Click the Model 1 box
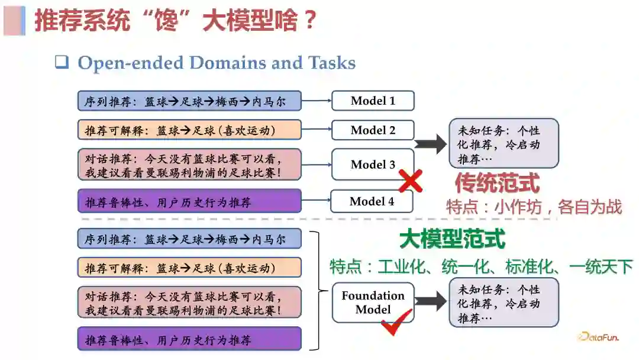373,101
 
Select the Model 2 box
373,130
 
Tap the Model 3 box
373,165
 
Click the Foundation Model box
373,303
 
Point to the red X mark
410,182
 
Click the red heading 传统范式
497,183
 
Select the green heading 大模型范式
452,239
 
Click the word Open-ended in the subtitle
137,63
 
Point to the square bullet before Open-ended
62,62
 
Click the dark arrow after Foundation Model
431,301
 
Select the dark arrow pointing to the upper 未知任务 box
431,143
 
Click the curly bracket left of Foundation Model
320,290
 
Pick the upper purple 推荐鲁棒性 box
189,202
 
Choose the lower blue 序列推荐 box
189,239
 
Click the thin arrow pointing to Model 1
317,101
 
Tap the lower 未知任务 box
504,303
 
